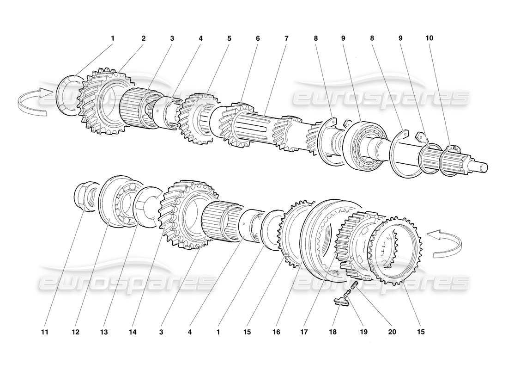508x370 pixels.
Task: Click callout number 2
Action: click(143, 38)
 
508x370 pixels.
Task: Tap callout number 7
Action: click(286, 38)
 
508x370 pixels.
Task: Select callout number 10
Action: click(429, 38)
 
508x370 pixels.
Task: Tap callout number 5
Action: click(229, 38)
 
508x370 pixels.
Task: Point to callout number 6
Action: click(258, 38)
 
